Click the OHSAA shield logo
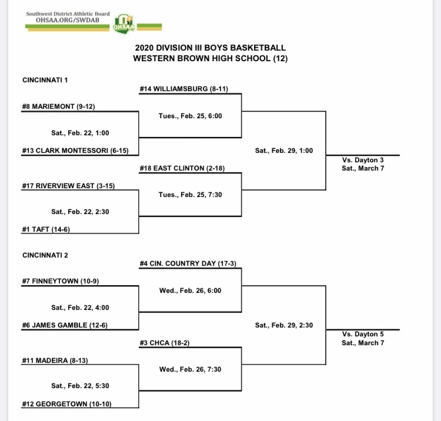point(123,24)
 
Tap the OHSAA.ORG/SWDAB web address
point(68,20)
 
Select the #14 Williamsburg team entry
point(184,89)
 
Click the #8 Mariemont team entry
point(58,106)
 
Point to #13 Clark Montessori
point(75,151)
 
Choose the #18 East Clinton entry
point(182,168)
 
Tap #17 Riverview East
point(68,186)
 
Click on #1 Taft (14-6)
point(46,229)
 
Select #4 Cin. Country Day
point(188,263)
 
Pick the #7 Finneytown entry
point(61,281)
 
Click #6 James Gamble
point(65,325)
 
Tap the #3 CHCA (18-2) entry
point(165,343)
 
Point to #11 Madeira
point(55,360)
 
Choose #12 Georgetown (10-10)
point(66,404)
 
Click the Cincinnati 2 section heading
point(45,255)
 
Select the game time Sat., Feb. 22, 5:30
point(80,386)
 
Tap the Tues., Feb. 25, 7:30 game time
point(191,195)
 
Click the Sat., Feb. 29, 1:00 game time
point(284,151)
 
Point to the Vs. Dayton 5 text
point(363,334)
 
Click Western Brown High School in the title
point(202,58)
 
